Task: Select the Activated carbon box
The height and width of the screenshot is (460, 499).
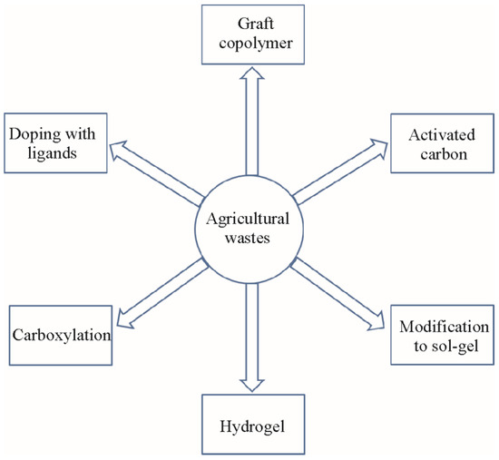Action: click(441, 137)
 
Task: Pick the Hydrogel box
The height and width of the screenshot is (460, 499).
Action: click(249, 425)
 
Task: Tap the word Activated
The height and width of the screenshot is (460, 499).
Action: click(441, 128)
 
